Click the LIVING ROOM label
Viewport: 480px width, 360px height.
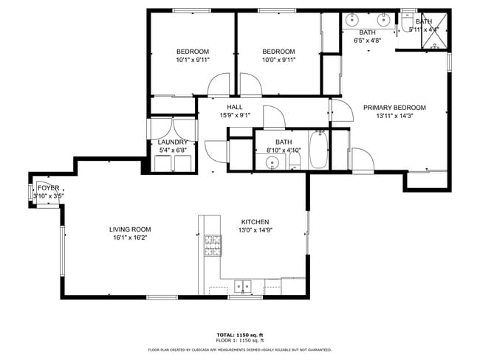pyautogui.click(x=130, y=229)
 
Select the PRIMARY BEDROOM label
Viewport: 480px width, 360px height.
pyautogui.click(x=394, y=108)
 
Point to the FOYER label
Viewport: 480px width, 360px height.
pyautogui.click(x=48, y=188)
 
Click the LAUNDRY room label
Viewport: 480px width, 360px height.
pyautogui.click(x=173, y=142)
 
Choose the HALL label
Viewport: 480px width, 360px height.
pyautogui.click(x=235, y=107)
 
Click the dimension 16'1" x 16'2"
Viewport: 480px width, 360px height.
pyautogui.click(x=130, y=238)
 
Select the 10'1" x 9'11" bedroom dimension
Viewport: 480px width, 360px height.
pyautogui.click(x=192, y=60)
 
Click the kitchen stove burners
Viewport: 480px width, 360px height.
pyautogui.click(x=213, y=245)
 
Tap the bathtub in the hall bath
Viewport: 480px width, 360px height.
pyautogui.click(x=319, y=149)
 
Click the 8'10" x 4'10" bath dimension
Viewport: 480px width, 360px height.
pyautogui.click(x=284, y=150)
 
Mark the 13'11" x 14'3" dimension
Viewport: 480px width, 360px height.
pyautogui.click(x=394, y=116)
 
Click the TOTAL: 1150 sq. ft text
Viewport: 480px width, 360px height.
pyautogui.click(x=240, y=335)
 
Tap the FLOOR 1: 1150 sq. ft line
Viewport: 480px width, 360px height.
pyautogui.click(x=240, y=340)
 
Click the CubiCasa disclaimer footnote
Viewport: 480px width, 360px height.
pyautogui.click(x=240, y=350)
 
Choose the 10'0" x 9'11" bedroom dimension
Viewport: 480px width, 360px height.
pyautogui.click(x=278, y=60)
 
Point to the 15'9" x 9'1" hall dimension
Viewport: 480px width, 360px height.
pyautogui.click(x=235, y=115)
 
